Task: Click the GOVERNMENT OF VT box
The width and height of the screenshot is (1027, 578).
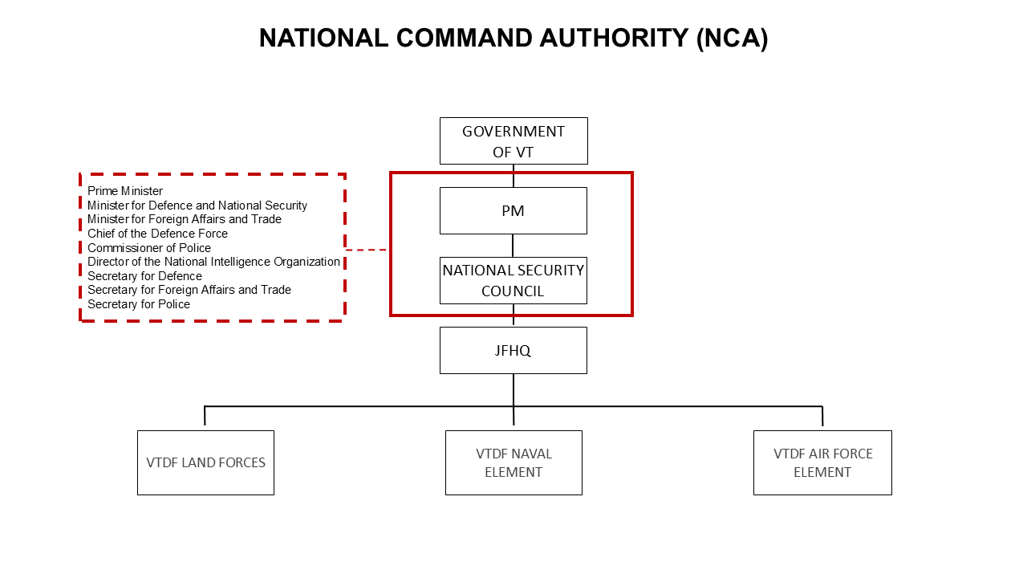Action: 513,140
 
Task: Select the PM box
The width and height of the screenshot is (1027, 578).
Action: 513,210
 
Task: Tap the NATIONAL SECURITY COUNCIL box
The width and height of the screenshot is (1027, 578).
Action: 513,280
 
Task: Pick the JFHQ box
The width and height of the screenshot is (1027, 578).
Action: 513,350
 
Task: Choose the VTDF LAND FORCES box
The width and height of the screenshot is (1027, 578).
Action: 205,462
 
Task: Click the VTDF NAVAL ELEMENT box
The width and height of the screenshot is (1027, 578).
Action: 513,462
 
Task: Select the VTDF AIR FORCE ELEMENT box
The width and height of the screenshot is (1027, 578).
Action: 822,462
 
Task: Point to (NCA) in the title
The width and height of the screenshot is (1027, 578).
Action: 732,39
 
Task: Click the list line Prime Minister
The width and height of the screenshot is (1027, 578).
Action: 125,191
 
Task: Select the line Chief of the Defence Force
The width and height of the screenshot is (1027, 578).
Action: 157,234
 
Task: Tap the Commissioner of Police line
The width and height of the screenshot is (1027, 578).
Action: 149,248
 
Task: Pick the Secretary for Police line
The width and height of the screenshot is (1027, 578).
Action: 139,304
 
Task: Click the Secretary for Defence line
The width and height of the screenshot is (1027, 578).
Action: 144,276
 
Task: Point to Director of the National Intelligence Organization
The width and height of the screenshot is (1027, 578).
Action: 213,262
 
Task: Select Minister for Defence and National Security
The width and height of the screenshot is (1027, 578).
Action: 197,206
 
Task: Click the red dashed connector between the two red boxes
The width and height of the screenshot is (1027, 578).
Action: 367,250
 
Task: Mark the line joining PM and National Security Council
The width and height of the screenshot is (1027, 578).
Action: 513,246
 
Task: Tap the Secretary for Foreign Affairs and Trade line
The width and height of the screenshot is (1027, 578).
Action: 189,290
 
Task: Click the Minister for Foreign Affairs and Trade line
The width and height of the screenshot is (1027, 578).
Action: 185,219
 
